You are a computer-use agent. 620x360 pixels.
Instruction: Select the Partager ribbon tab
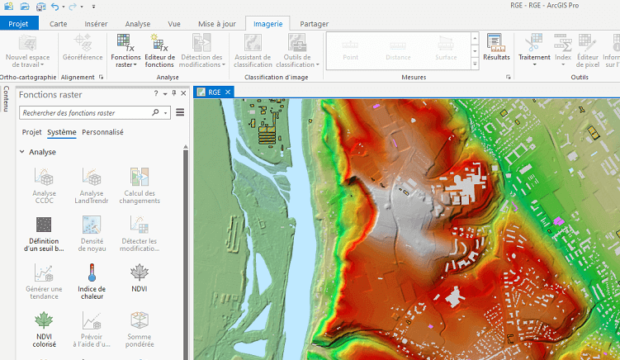coord(314,24)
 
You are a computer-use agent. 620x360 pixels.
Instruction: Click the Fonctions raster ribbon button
coord(125,50)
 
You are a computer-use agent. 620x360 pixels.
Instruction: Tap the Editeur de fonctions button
coord(159,50)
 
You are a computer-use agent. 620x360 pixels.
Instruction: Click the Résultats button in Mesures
coord(496,47)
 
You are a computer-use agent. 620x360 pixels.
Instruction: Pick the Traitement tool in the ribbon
coord(534,50)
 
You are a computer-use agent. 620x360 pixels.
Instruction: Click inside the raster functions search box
coord(85,112)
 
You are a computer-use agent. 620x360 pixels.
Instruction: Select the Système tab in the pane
coord(62,132)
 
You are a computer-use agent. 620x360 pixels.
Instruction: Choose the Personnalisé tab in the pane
coord(102,132)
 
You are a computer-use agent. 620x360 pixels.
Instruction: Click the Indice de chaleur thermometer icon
coord(91,272)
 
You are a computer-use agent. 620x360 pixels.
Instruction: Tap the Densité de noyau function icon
coord(91,225)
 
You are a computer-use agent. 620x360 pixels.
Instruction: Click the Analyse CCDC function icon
coord(44,177)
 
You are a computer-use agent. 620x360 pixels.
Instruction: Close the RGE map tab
coord(228,92)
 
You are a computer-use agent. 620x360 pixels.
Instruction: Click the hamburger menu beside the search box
coord(179,112)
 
